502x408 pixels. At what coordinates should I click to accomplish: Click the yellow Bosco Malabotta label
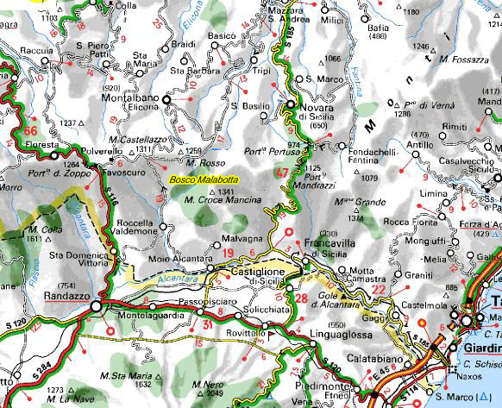click(204, 179)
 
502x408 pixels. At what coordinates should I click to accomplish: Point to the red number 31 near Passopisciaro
click(207, 324)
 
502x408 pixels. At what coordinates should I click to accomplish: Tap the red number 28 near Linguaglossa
click(301, 298)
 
